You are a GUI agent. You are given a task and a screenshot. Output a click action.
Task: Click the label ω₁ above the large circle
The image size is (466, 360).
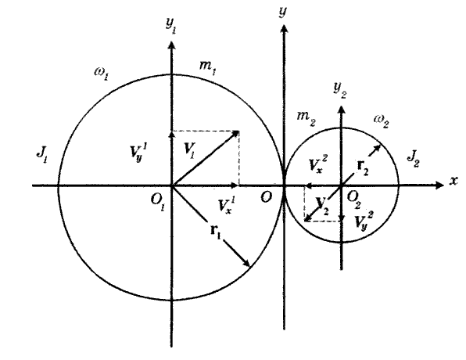[x=102, y=74]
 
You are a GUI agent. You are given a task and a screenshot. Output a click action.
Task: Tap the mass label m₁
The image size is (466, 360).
[x=207, y=67]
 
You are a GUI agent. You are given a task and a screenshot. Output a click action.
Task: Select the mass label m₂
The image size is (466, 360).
[x=306, y=118]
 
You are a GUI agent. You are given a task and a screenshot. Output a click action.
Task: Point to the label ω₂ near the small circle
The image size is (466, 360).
[x=382, y=121]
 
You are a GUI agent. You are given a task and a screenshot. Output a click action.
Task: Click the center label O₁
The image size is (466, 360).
[x=158, y=203]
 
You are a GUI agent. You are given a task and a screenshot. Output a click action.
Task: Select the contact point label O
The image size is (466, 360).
[x=267, y=196]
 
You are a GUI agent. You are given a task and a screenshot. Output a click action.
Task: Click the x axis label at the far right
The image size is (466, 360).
[x=453, y=180]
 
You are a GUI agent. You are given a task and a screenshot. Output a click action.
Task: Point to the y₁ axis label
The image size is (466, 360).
[x=170, y=26]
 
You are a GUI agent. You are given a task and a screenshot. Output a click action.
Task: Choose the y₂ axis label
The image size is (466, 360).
[x=339, y=89]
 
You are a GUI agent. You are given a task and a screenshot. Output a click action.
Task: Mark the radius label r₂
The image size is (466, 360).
[x=362, y=167]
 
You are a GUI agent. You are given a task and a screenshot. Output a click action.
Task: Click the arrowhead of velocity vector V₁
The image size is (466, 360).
[x=237, y=133]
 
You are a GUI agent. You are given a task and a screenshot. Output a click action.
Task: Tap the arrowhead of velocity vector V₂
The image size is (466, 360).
[x=307, y=219]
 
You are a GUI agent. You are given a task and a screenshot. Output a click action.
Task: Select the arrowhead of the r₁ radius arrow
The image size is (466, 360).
[x=247, y=263]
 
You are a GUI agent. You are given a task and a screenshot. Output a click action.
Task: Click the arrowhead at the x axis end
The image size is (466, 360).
[x=439, y=185]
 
